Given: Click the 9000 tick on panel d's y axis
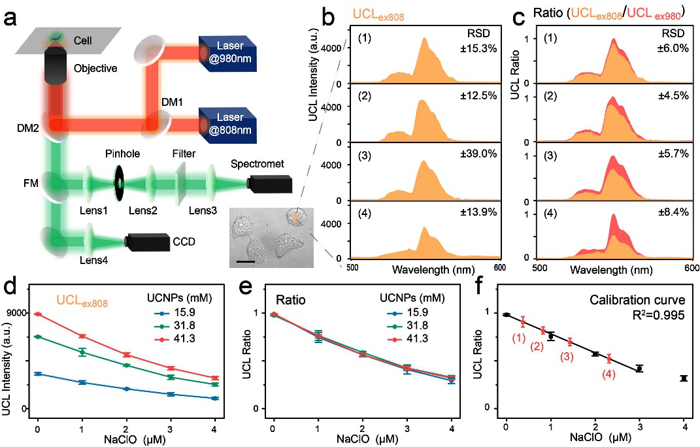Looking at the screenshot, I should pos(15,313).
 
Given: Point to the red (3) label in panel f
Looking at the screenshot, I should pos(567,356).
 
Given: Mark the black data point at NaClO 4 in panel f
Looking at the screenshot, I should pos(684,378).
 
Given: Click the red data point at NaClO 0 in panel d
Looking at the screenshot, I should pos(38,314).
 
